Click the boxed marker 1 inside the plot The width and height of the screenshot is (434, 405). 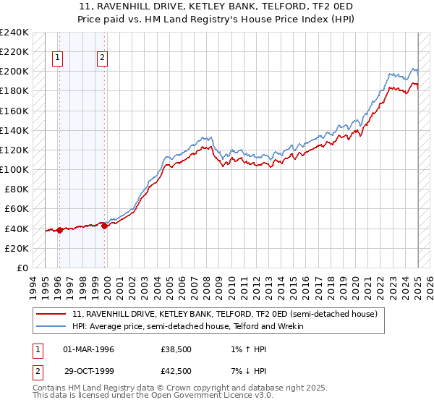(x=57, y=59)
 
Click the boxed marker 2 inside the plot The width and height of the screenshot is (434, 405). (x=103, y=59)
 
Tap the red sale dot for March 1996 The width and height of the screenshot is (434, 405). (x=59, y=230)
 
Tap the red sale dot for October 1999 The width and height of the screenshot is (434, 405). (x=105, y=226)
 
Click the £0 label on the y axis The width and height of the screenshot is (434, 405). (x=22, y=268)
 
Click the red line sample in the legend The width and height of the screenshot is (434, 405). (x=51, y=315)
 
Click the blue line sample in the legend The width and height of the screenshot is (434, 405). (x=51, y=326)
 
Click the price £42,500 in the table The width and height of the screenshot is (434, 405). (x=176, y=371)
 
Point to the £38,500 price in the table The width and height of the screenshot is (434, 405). (x=176, y=349)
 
